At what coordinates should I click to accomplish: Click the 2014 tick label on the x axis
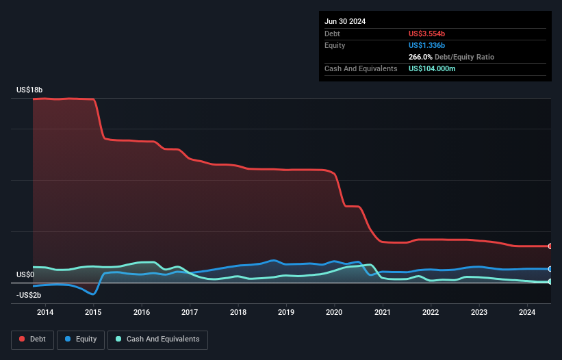click(45, 313)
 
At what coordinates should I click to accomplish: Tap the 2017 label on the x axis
click(190, 313)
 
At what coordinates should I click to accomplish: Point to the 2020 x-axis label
click(334, 313)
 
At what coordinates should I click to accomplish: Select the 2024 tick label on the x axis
click(527, 313)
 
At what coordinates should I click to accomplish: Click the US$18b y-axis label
click(29, 90)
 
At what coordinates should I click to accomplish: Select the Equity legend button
click(81, 339)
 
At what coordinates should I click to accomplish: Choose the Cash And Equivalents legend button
click(157, 339)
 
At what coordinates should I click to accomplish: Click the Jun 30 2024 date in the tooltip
click(345, 21)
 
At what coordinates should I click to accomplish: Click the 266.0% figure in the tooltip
click(420, 57)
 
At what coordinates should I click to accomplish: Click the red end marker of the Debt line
click(550, 246)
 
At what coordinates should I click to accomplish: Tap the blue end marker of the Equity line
click(550, 269)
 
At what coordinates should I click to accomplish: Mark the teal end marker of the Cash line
click(550, 281)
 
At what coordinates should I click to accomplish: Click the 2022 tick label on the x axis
click(431, 313)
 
